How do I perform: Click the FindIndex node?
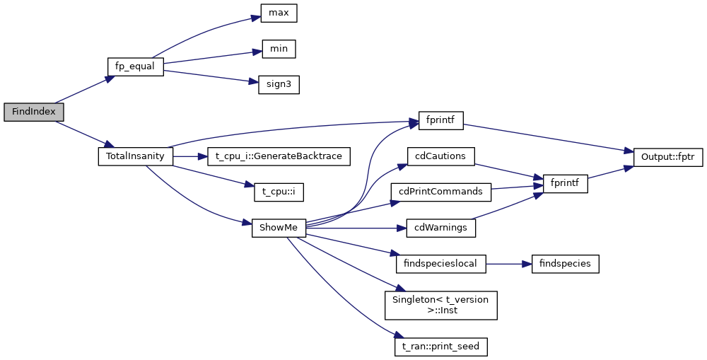(34, 112)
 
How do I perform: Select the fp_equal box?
(135, 66)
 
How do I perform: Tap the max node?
(278, 13)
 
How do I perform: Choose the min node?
(278, 49)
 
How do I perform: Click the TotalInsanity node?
(135, 156)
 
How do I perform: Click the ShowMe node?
(279, 228)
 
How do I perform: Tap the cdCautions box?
(440, 156)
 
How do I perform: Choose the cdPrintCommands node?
(440, 192)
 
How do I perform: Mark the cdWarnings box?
(440, 228)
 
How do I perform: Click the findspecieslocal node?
(440, 264)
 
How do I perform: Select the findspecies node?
(565, 264)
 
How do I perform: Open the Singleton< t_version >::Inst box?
(440, 304)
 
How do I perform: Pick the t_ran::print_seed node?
(440, 347)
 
